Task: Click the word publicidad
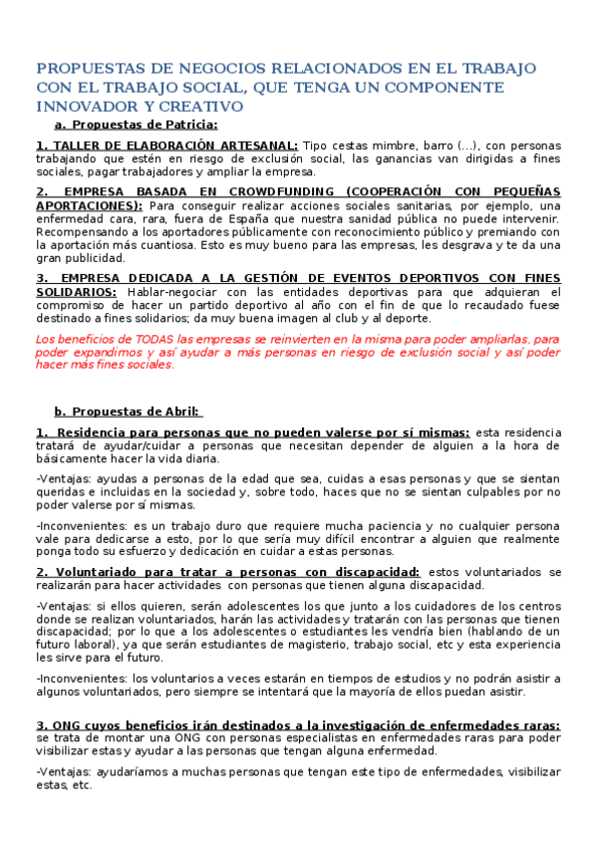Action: [94, 257]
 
